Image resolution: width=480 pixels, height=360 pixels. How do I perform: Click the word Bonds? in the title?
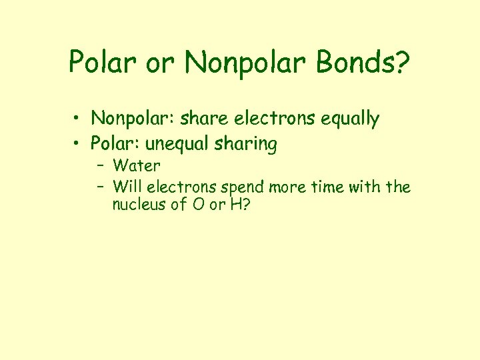(364, 63)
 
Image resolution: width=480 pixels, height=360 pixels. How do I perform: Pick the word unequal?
(180, 144)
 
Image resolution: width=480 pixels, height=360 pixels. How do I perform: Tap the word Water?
(137, 165)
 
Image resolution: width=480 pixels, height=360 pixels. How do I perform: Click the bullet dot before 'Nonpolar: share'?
(77, 120)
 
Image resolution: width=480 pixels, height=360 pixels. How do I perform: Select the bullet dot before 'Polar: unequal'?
(77, 144)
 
